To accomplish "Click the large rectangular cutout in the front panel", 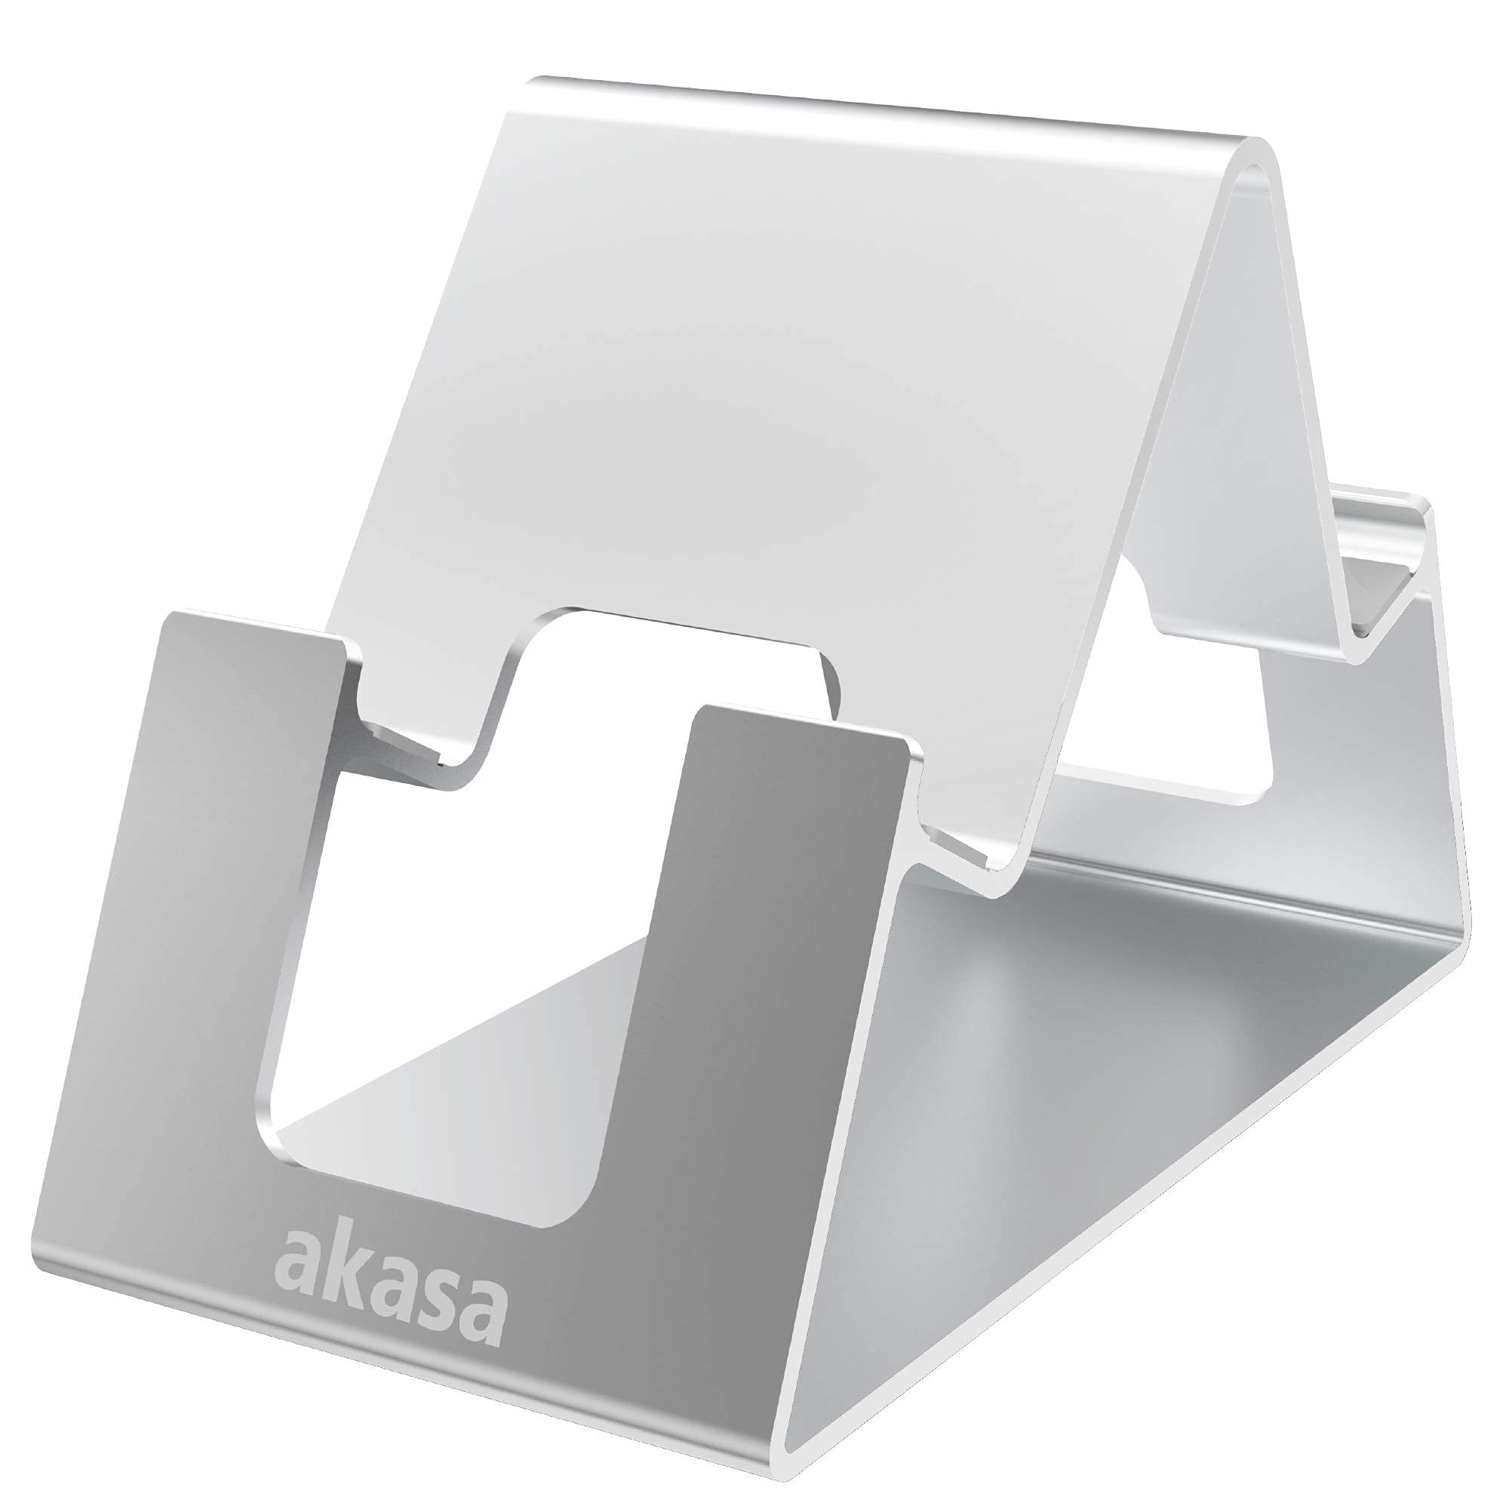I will click(453, 976).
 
